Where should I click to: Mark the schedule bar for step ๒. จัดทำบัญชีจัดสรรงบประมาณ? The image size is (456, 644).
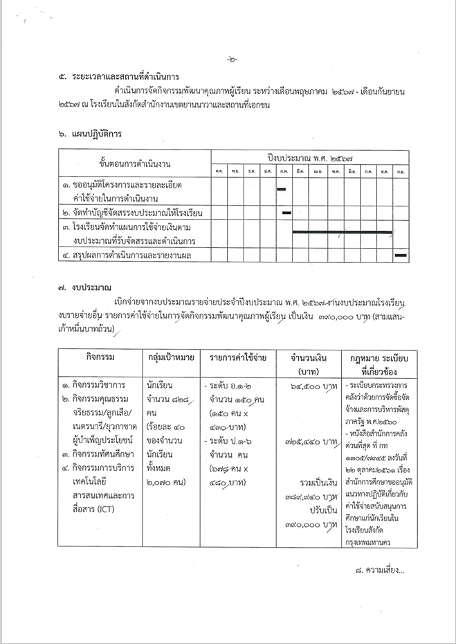click(286, 212)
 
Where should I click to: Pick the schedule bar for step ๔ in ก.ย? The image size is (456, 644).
click(400, 256)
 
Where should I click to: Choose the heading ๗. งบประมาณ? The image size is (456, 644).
click(85, 285)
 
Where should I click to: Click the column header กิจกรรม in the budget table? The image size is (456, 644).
click(100, 357)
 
